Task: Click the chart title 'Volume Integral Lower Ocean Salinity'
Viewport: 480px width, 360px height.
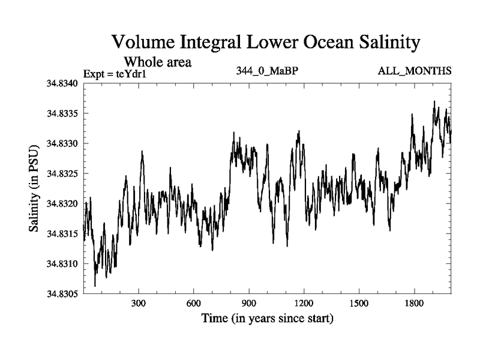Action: point(263,43)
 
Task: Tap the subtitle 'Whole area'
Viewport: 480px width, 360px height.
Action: point(158,61)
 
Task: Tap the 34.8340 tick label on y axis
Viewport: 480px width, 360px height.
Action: point(62,83)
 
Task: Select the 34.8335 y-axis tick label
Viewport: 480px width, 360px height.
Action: point(62,113)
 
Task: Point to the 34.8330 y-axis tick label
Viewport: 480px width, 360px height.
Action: point(62,143)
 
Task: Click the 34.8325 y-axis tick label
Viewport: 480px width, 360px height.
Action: point(62,173)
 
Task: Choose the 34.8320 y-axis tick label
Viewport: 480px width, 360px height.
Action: point(62,203)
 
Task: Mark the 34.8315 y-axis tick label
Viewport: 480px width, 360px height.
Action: point(62,233)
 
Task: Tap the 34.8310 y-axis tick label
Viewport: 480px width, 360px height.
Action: point(62,263)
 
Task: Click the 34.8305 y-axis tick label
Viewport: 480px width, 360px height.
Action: point(62,293)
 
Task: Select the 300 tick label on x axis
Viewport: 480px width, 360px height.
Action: point(139,303)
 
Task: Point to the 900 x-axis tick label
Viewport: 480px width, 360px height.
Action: point(249,303)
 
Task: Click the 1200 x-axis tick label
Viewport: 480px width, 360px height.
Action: point(304,303)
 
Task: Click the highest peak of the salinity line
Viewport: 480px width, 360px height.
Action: point(434,101)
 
